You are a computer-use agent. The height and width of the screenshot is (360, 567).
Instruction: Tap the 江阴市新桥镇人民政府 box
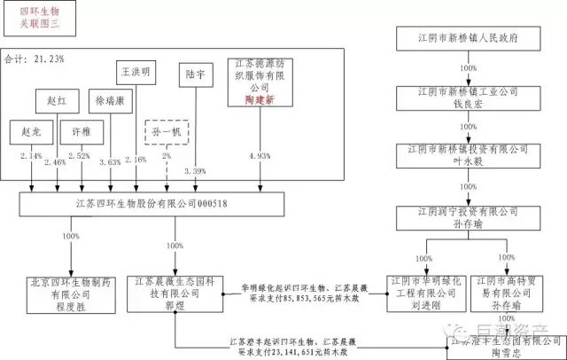tap(457, 39)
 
